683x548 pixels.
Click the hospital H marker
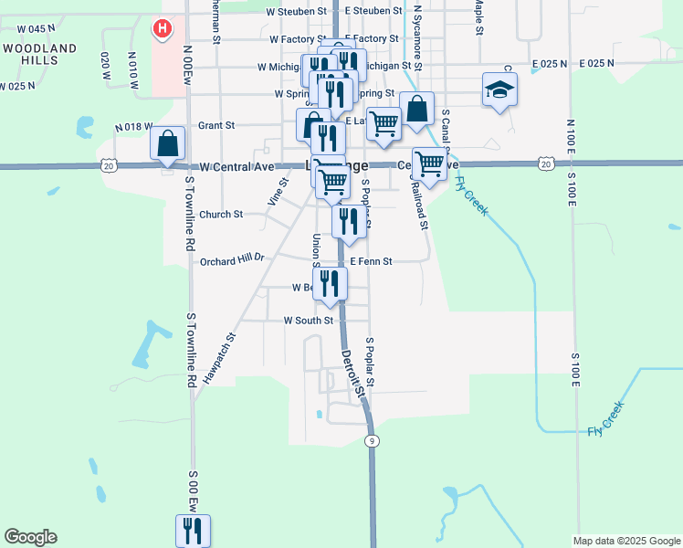click(163, 29)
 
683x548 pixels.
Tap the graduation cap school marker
click(499, 90)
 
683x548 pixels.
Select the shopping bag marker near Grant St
click(168, 143)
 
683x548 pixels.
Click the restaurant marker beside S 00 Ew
click(193, 531)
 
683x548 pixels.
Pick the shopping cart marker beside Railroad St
click(428, 165)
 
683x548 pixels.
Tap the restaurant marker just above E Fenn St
click(349, 223)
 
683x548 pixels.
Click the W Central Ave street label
click(236, 167)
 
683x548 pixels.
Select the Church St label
click(222, 215)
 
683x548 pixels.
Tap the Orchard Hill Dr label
click(231, 258)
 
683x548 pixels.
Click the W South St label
click(308, 321)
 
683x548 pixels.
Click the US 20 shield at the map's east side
click(545, 163)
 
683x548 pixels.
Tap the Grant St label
click(216, 124)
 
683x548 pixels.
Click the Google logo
click(30, 537)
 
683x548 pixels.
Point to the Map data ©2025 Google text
click(627, 541)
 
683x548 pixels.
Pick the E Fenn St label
click(370, 261)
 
